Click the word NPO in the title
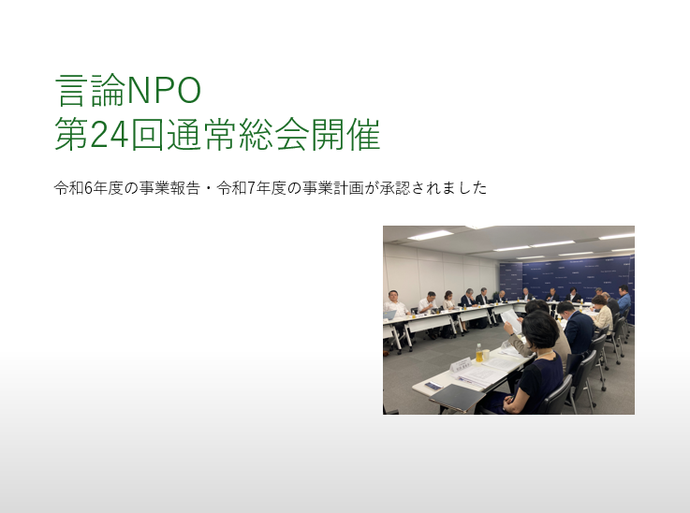162,91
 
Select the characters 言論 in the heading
88,91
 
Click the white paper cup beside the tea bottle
486,355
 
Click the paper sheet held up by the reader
510,318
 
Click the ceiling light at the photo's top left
430,234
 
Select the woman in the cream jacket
602,315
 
